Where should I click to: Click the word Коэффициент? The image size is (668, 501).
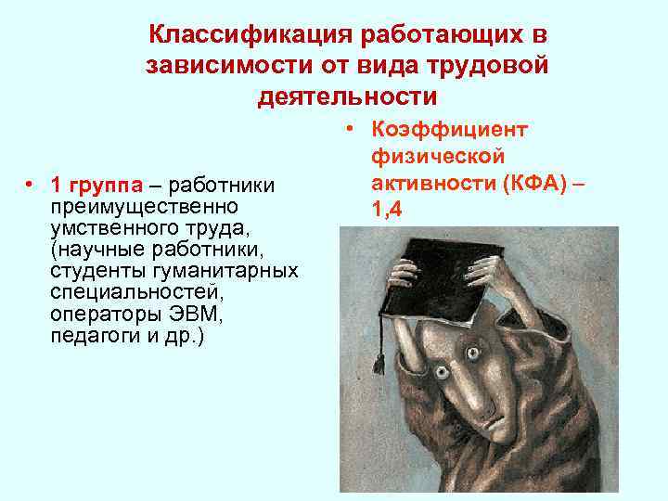point(449,130)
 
